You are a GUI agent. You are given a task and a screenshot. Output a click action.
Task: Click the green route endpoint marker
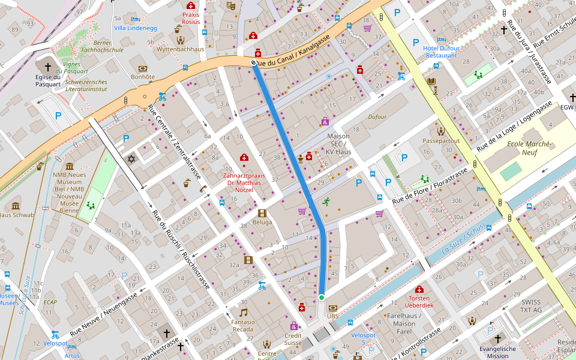[x=322, y=297]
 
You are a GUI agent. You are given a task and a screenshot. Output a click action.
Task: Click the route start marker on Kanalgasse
[x=254, y=62]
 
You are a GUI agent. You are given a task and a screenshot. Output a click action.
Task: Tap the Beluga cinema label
[x=262, y=222]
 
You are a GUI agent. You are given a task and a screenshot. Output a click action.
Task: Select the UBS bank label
[x=332, y=316]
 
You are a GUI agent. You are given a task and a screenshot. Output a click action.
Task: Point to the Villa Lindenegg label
[x=135, y=28]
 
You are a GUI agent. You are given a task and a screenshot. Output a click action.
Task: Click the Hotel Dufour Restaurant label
[x=441, y=52]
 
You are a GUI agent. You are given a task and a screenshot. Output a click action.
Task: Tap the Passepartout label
[x=441, y=141]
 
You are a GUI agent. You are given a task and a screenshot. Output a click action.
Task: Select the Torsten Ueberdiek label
[x=420, y=302]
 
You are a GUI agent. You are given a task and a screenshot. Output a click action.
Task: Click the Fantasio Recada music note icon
[x=243, y=312]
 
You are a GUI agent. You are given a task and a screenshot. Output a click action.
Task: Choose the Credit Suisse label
[x=293, y=339]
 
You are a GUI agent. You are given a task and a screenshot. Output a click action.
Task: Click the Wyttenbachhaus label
[x=180, y=49]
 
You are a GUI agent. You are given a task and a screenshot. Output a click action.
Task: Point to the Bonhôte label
[x=143, y=77]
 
